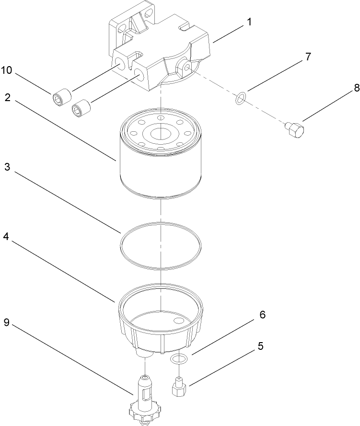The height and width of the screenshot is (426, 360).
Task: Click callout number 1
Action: point(249,23)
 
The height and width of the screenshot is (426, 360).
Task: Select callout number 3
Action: point(8,168)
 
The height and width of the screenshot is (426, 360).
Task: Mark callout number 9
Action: point(8,322)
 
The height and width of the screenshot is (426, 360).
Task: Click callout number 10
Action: point(7,70)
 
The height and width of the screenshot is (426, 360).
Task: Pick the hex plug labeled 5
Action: point(179,386)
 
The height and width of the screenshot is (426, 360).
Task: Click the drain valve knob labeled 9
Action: point(144,410)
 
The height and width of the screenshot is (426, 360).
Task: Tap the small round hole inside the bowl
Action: point(179,320)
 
